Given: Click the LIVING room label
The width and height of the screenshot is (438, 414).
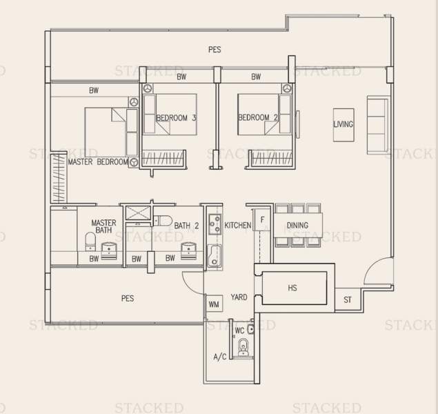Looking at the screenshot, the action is pyautogui.click(x=344, y=124).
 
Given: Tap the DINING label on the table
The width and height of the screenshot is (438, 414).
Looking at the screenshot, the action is pyautogui.click(x=297, y=225).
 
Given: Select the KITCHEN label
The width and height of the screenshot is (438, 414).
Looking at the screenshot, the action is pyautogui.click(x=238, y=225).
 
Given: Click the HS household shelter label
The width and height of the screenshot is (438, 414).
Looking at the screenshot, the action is pyautogui.click(x=292, y=288).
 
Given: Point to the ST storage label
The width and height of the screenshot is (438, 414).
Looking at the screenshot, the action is pyautogui.click(x=348, y=299).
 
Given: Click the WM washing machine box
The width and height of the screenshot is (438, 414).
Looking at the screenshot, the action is pyautogui.click(x=214, y=304).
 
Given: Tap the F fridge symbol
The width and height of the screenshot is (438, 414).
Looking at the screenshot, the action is pyautogui.click(x=262, y=220).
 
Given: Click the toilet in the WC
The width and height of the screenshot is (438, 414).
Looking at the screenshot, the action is pyautogui.click(x=243, y=347).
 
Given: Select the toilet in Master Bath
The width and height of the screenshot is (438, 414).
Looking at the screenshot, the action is pyautogui.click(x=90, y=241).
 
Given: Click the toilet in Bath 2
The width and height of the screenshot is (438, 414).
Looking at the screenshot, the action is pyautogui.click(x=163, y=220).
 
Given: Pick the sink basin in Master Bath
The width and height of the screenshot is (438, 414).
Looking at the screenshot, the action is pyautogui.click(x=109, y=250).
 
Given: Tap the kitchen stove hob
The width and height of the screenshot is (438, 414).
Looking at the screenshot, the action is pyautogui.click(x=215, y=224).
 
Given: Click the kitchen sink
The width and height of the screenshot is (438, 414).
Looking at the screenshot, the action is pyautogui.click(x=215, y=255).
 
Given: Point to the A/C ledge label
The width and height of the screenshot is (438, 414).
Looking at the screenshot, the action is pyautogui.click(x=220, y=357).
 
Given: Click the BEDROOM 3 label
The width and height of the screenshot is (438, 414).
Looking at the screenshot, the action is pyautogui.click(x=176, y=117).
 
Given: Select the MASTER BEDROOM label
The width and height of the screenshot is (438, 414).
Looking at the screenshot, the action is pyautogui.click(x=98, y=161).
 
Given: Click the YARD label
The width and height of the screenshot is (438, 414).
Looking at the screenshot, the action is pyautogui.click(x=239, y=297).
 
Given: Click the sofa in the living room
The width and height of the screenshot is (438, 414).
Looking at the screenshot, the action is pyautogui.click(x=378, y=125).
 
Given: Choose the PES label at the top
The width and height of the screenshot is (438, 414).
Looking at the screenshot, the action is pyautogui.click(x=215, y=50).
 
